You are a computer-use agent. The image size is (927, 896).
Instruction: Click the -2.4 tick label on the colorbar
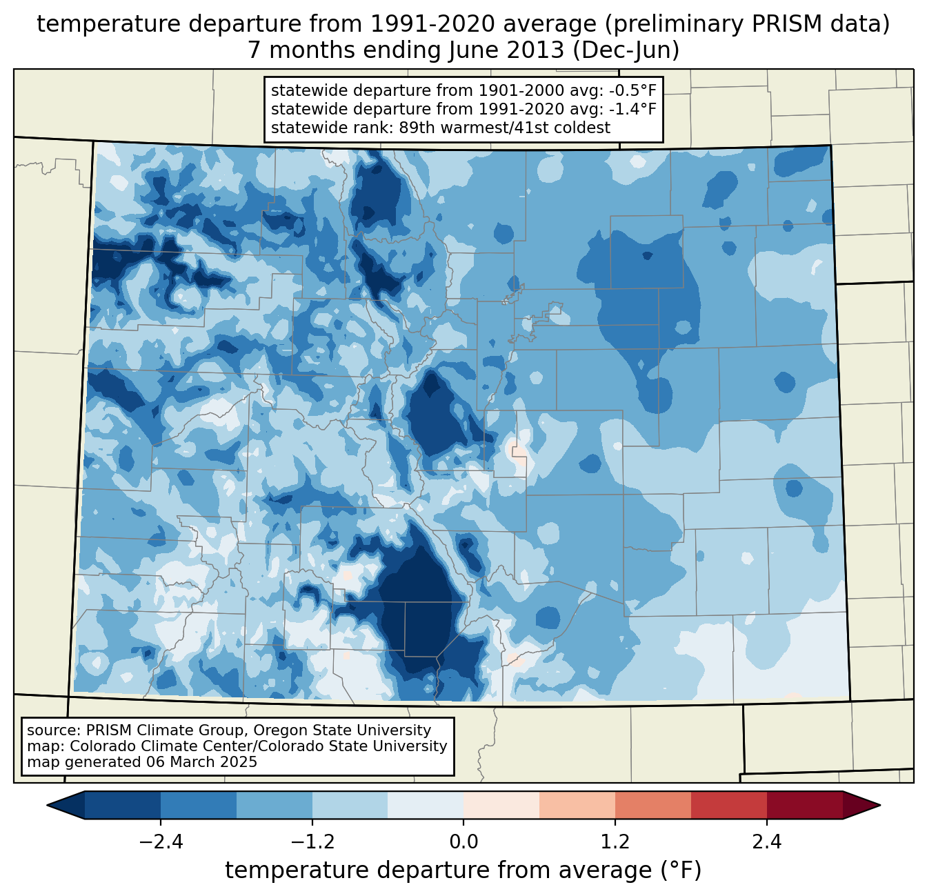click(160, 842)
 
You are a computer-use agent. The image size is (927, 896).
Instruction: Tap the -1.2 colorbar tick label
click(312, 842)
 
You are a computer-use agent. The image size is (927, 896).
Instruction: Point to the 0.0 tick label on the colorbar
click(464, 842)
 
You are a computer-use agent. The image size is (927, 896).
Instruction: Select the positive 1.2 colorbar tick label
click(615, 842)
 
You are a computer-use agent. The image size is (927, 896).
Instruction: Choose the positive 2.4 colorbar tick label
click(766, 842)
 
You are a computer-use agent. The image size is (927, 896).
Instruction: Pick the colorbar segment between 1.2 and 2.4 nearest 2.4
click(728, 805)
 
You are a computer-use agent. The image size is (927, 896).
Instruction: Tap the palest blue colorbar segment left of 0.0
click(426, 805)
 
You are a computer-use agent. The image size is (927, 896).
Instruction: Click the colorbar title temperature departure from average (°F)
click(463, 870)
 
